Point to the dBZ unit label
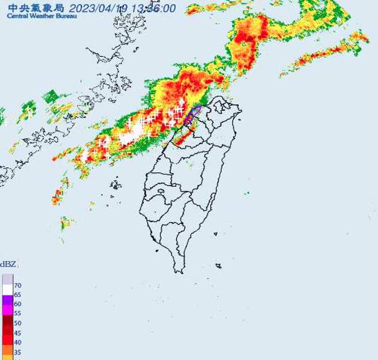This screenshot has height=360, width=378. pyautogui.click(x=8, y=264)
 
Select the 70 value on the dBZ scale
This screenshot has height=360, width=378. pyautogui.click(x=18, y=286)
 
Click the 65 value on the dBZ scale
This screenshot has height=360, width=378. pyautogui.click(x=18, y=294)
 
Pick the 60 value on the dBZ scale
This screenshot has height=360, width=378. pyautogui.click(x=18, y=303)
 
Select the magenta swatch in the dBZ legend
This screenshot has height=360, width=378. pyautogui.click(x=7, y=309)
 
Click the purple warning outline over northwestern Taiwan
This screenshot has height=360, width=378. pyautogui.click(x=192, y=114)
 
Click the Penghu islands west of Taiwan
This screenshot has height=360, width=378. pyautogui.click(x=116, y=185)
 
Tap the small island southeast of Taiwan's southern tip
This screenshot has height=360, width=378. pyautogui.click(x=218, y=265)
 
